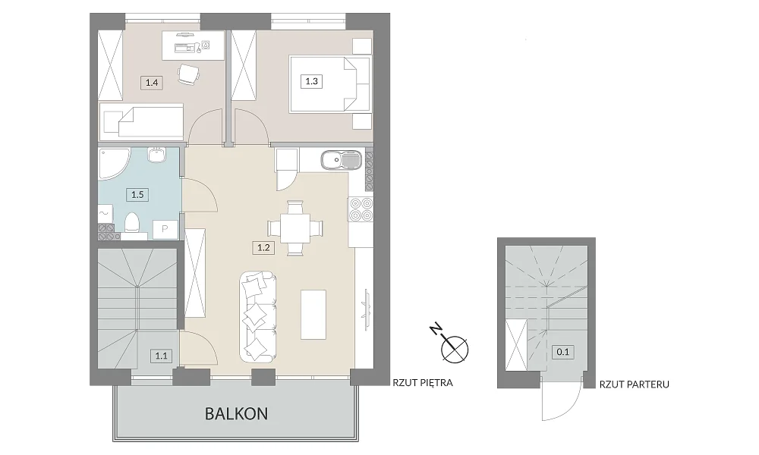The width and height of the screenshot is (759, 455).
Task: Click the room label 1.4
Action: pyautogui.click(x=152, y=83)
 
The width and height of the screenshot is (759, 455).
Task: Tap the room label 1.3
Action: pyautogui.click(x=312, y=81)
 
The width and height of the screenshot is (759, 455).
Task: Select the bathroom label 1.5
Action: pyautogui.click(x=137, y=195)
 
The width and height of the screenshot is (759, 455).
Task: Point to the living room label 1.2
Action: pyautogui.click(x=263, y=248)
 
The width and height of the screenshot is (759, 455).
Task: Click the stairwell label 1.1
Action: pyautogui.click(x=161, y=356)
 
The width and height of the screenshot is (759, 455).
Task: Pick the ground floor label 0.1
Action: pyautogui.click(x=563, y=352)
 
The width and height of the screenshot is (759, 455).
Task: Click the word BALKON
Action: pyautogui.click(x=236, y=414)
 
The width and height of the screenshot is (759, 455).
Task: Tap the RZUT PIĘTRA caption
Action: pyautogui.click(x=423, y=383)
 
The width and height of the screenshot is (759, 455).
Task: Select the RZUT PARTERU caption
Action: pyautogui.click(x=634, y=384)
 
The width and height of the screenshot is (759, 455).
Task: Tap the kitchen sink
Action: pyautogui.click(x=341, y=160)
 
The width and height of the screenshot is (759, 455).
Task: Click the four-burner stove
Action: pyautogui.click(x=361, y=209)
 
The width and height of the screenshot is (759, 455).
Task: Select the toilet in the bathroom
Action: pyautogui.click(x=132, y=224)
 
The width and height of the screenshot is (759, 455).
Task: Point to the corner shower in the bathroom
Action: pyautogui.click(x=113, y=164)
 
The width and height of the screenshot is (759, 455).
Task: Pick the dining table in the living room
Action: pyautogui.click(x=294, y=227)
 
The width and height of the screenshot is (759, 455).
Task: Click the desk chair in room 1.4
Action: pyautogui.click(x=187, y=74)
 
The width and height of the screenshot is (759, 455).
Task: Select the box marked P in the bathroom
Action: pyautogui.click(x=165, y=229)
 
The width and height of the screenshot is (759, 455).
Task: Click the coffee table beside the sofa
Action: pyautogui.click(x=313, y=315)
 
